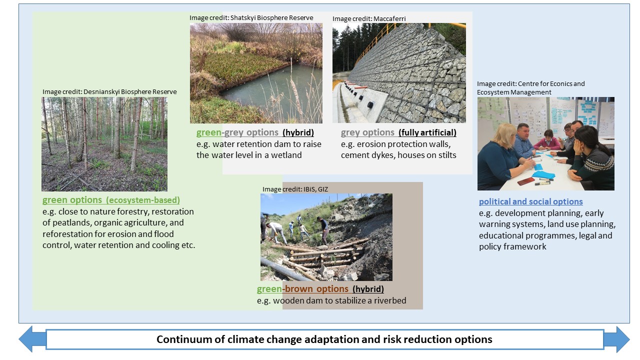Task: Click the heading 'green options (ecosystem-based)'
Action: pyautogui.click(x=111, y=200)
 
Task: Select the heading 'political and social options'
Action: pyautogui.click(x=531, y=201)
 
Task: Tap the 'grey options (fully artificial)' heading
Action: pyautogui.click(x=398, y=132)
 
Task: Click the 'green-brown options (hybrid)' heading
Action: pyautogui.click(x=320, y=289)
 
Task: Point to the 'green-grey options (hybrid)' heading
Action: pyautogui.click(x=255, y=132)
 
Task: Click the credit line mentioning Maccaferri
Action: pyautogui.click(x=369, y=19)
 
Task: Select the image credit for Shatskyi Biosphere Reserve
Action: pyautogui.click(x=251, y=17)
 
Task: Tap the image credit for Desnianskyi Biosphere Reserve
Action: pyautogui.click(x=109, y=91)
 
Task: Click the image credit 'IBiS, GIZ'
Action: pyautogui.click(x=295, y=189)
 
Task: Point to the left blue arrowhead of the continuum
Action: pyautogui.click(x=31, y=339)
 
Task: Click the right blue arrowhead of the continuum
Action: pyautogui.click(x=617, y=339)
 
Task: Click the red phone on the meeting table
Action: pyautogui.click(x=526, y=181)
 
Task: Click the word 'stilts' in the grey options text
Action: pyautogui.click(x=446, y=155)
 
